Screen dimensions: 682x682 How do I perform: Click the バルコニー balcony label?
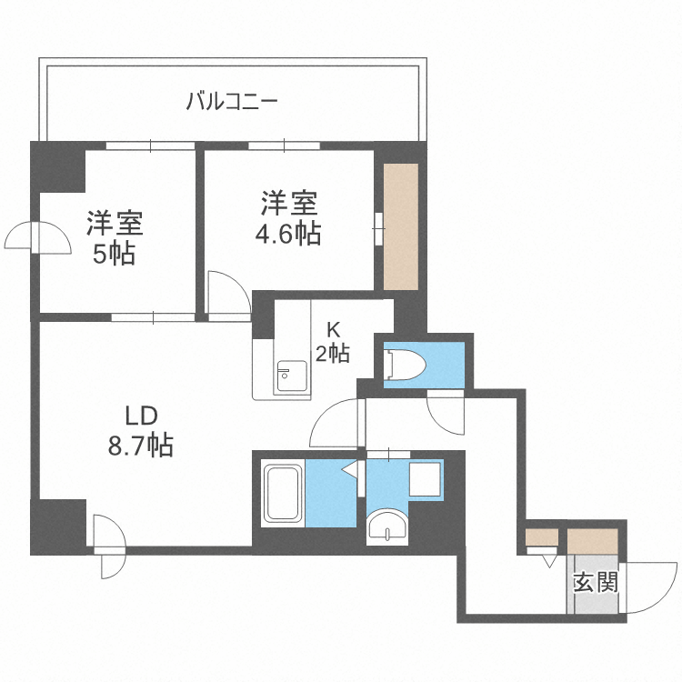click(231, 99)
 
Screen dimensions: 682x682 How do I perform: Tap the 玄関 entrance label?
click(596, 582)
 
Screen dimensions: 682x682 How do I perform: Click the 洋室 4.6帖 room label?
click(287, 217)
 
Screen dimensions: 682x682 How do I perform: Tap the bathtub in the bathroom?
click(284, 494)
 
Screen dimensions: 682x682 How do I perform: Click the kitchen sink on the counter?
click(291, 374)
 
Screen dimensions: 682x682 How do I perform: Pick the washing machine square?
click(425, 479)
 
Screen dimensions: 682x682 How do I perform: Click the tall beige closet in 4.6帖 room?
click(400, 226)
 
